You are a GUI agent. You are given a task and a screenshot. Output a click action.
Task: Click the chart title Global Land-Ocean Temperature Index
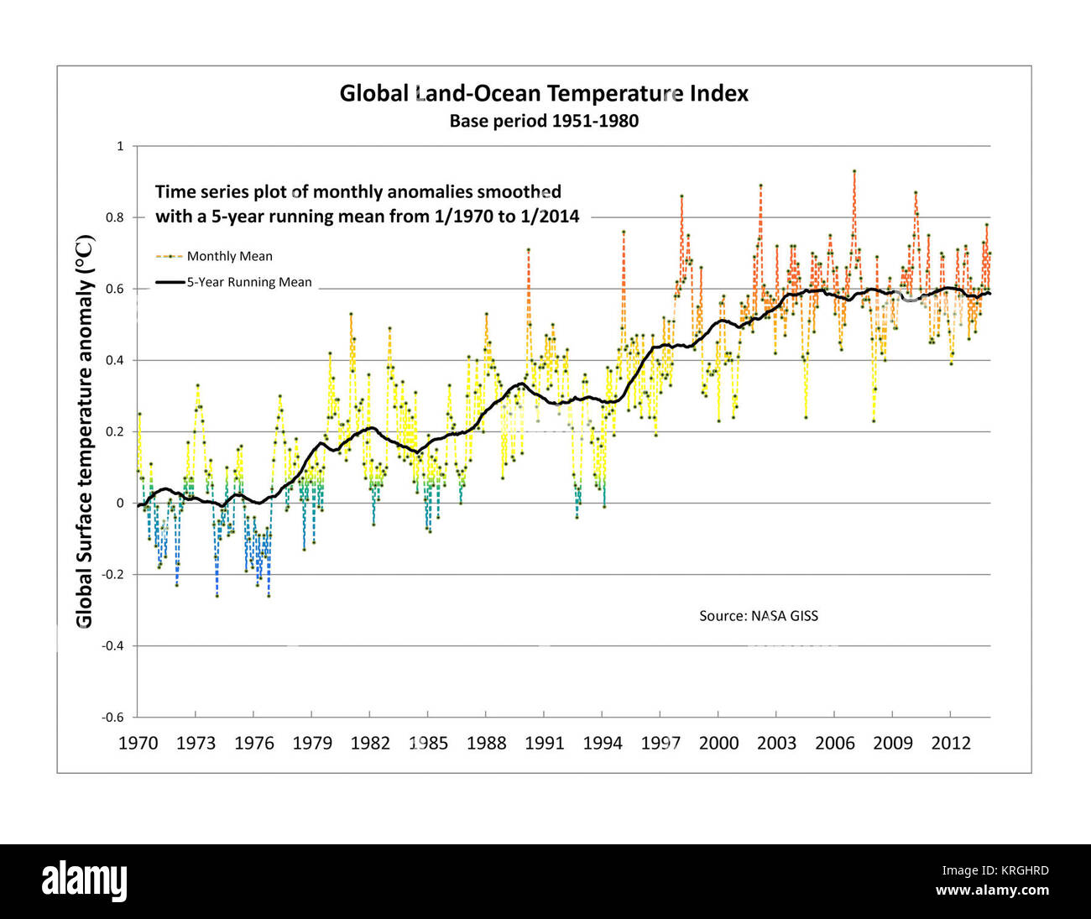click(544, 93)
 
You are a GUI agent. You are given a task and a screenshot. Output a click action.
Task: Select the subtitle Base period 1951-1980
click(544, 121)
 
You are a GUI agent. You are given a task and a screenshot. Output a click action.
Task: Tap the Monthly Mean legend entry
click(229, 256)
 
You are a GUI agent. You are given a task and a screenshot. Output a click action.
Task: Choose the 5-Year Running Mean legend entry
click(248, 282)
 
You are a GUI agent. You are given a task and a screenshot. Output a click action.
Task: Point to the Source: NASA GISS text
click(759, 616)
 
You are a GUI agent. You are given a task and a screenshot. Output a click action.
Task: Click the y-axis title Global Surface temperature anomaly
click(85, 431)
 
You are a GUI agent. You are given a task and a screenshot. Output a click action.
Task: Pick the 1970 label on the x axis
click(138, 743)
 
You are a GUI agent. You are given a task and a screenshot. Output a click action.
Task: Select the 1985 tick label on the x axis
click(428, 743)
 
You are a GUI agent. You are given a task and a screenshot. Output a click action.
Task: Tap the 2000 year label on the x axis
click(718, 743)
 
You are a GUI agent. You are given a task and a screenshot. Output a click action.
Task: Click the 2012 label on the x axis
click(951, 743)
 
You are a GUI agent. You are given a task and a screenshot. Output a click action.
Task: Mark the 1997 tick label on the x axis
click(660, 743)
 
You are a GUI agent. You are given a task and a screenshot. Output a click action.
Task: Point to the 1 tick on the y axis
click(120, 146)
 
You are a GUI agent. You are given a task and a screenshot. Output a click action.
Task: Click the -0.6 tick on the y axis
click(113, 717)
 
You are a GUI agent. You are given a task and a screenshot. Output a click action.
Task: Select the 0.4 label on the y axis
click(115, 360)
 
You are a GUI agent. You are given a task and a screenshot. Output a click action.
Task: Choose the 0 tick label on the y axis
click(120, 503)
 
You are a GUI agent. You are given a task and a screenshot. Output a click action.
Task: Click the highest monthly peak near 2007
click(854, 171)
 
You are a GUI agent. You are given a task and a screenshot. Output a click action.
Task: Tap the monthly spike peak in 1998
click(681, 196)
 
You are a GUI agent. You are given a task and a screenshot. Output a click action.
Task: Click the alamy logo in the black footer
click(85, 881)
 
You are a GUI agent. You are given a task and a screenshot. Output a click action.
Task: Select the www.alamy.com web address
click(991, 890)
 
